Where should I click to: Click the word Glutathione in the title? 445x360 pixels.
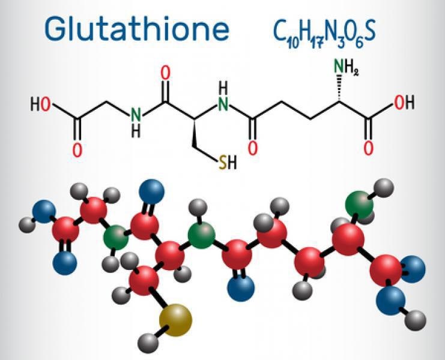137,28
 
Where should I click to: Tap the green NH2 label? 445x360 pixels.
347,67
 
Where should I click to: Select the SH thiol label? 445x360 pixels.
228,163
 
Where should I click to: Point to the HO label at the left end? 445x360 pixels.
40,104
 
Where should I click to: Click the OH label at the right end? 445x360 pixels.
404,103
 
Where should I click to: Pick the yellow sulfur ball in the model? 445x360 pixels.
176,320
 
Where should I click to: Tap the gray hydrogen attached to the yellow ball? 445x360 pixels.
148,343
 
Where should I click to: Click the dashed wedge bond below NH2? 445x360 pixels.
339,88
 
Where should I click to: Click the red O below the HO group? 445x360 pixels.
77,150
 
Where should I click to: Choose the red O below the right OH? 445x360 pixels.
368,149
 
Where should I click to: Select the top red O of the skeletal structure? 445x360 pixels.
166,73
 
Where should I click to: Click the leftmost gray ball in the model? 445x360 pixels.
27,225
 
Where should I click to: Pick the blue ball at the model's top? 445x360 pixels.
151,191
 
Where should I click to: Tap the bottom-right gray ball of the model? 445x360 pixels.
415,320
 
